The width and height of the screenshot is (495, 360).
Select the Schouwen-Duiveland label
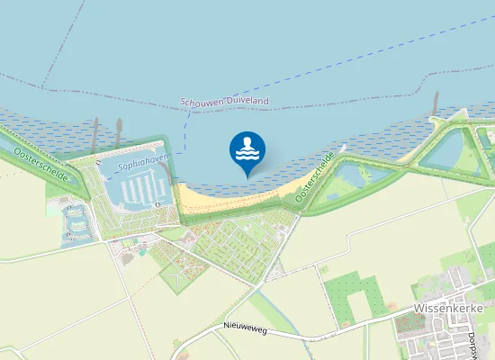coord(224,103)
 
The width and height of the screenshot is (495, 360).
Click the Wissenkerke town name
coord(449,308)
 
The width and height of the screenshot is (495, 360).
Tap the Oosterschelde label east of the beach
coord(315,176)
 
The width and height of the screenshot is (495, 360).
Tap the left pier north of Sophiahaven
coord(95,130)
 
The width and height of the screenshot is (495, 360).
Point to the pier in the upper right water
coord(436,103)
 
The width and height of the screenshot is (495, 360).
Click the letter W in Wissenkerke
coord(418,308)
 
